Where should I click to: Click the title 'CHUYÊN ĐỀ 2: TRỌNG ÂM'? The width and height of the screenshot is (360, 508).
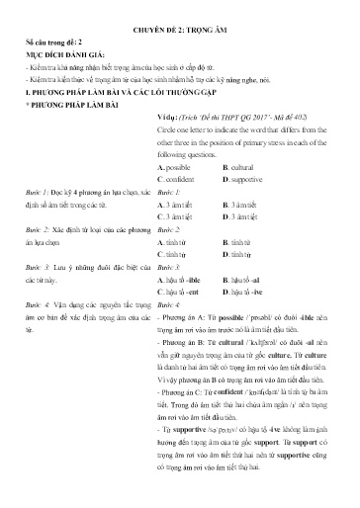tap(180, 32)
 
